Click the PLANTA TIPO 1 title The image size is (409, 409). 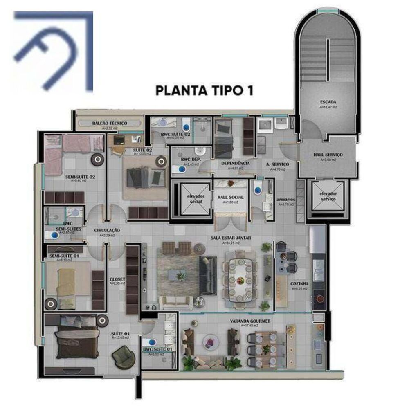tap(204, 90)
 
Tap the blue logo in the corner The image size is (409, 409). tap(53, 51)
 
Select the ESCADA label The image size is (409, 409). tap(328, 102)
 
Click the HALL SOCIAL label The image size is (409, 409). tap(230, 197)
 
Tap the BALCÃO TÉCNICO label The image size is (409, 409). tap(110, 123)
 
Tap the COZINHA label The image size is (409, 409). tap(299, 283)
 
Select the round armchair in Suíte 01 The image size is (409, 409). tap(123, 357)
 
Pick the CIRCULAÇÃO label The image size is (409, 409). tap(107, 231)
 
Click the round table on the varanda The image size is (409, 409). tap(211, 342)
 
